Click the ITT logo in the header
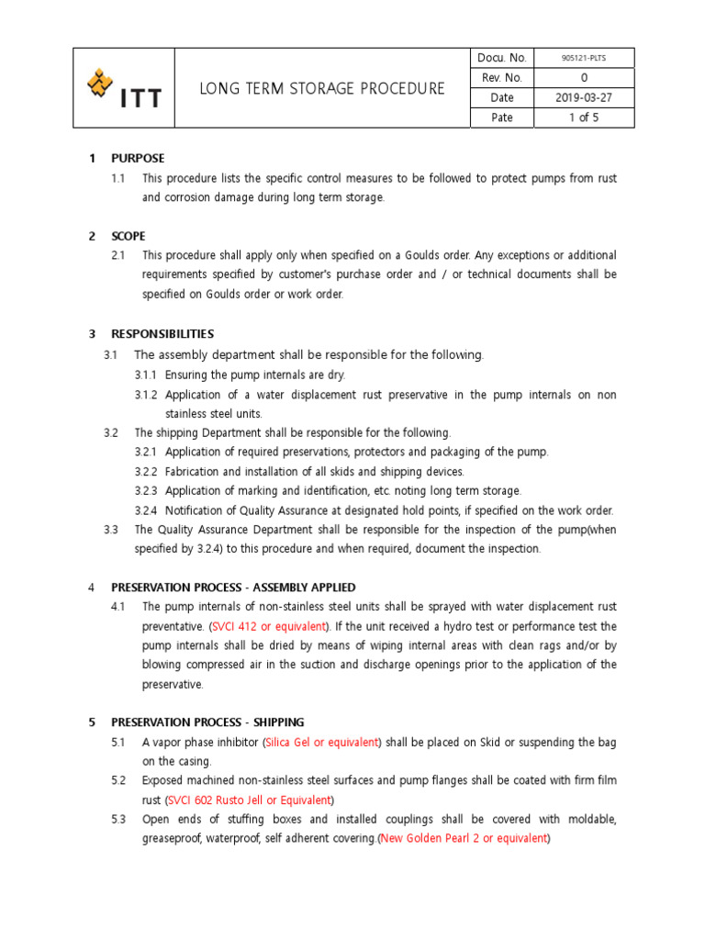123,88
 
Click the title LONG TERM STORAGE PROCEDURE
322,88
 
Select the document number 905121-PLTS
583,58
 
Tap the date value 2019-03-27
583,97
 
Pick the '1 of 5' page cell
583,117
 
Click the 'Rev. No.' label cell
501,78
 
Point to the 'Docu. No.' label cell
501,58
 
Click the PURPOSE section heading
138,158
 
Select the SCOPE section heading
129,236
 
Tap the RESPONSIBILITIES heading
162,334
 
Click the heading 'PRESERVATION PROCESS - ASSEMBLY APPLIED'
233,587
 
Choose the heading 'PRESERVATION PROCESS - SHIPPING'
207,722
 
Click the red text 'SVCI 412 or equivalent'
269,626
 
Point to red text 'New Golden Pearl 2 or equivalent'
464,838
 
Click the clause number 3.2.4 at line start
147,510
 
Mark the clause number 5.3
117,819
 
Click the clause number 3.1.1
147,375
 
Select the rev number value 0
583,78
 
